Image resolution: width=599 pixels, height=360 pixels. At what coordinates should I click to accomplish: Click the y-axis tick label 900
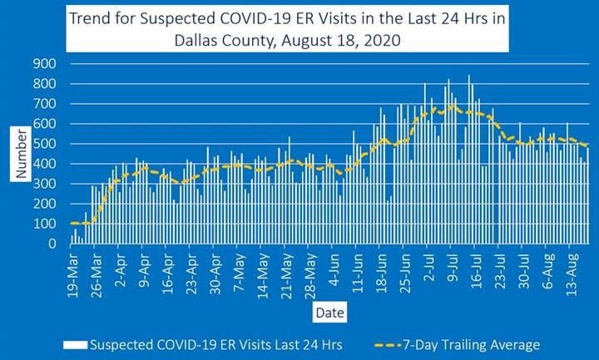(x=45, y=64)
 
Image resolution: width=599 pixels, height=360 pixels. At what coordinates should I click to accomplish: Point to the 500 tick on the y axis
(x=45, y=144)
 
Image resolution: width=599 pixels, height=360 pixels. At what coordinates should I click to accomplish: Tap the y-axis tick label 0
(x=52, y=244)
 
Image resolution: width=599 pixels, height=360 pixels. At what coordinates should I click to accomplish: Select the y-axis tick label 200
(x=45, y=205)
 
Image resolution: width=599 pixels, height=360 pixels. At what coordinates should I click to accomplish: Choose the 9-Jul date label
(x=455, y=268)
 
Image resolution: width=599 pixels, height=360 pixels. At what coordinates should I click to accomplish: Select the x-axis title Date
(x=326, y=313)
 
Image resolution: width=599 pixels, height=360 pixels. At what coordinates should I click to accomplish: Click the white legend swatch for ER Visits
(x=74, y=344)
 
